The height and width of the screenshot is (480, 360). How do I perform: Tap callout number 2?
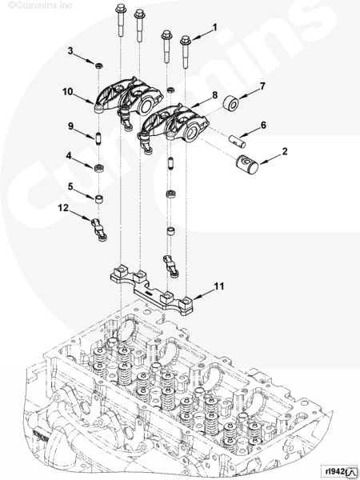click(x=285, y=150)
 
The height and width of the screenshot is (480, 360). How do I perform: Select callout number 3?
click(x=70, y=51)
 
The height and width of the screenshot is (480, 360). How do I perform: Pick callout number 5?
click(x=70, y=186)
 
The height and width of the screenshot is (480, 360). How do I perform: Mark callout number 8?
click(x=214, y=96)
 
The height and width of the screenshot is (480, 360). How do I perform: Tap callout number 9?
click(x=70, y=126)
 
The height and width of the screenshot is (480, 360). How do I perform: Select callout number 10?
click(x=68, y=91)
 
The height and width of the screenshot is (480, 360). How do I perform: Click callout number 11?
click(x=218, y=285)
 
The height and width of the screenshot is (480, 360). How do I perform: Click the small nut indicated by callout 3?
click(x=98, y=62)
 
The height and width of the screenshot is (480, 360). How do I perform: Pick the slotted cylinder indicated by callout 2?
click(x=248, y=165)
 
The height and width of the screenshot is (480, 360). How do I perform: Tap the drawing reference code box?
click(x=337, y=470)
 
